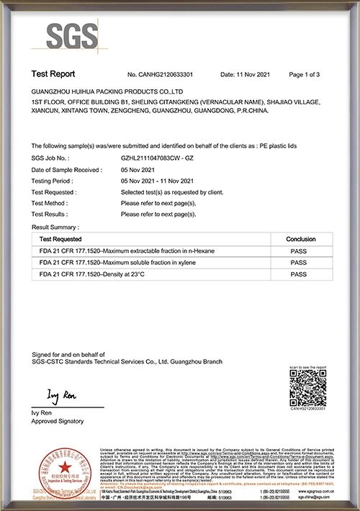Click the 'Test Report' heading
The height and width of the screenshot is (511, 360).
pos(53,74)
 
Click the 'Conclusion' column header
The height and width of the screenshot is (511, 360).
pos(300,238)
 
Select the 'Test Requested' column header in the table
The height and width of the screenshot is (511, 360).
pos(60,238)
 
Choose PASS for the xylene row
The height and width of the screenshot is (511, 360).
pos(300,263)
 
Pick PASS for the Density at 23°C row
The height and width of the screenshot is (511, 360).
pos(300,275)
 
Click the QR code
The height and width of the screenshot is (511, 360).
pos(308,392)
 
